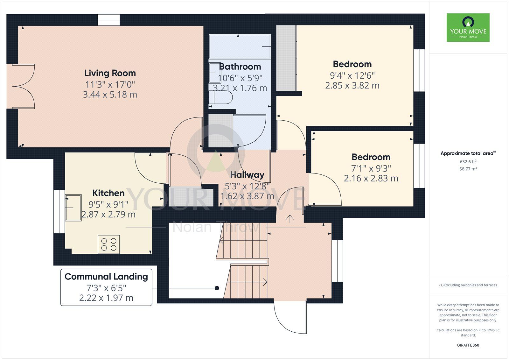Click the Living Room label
(110, 73)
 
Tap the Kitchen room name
(108, 193)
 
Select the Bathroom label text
(240, 67)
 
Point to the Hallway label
(247, 175)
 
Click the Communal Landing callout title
(106, 277)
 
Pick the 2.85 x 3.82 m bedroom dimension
(352, 86)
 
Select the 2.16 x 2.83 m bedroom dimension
(371, 178)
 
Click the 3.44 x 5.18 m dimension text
(110, 95)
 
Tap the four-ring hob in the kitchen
(108, 244)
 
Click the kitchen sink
(73, 208)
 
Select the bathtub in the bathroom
(240, 46)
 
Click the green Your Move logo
(468, 27)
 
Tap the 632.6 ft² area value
(468, 162)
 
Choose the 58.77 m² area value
(468, 169)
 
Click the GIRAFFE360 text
(468, 345)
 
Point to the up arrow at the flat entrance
(290, 219)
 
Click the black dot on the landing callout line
(217, 288)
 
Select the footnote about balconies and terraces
(468, 285)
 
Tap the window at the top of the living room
(109, 20)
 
